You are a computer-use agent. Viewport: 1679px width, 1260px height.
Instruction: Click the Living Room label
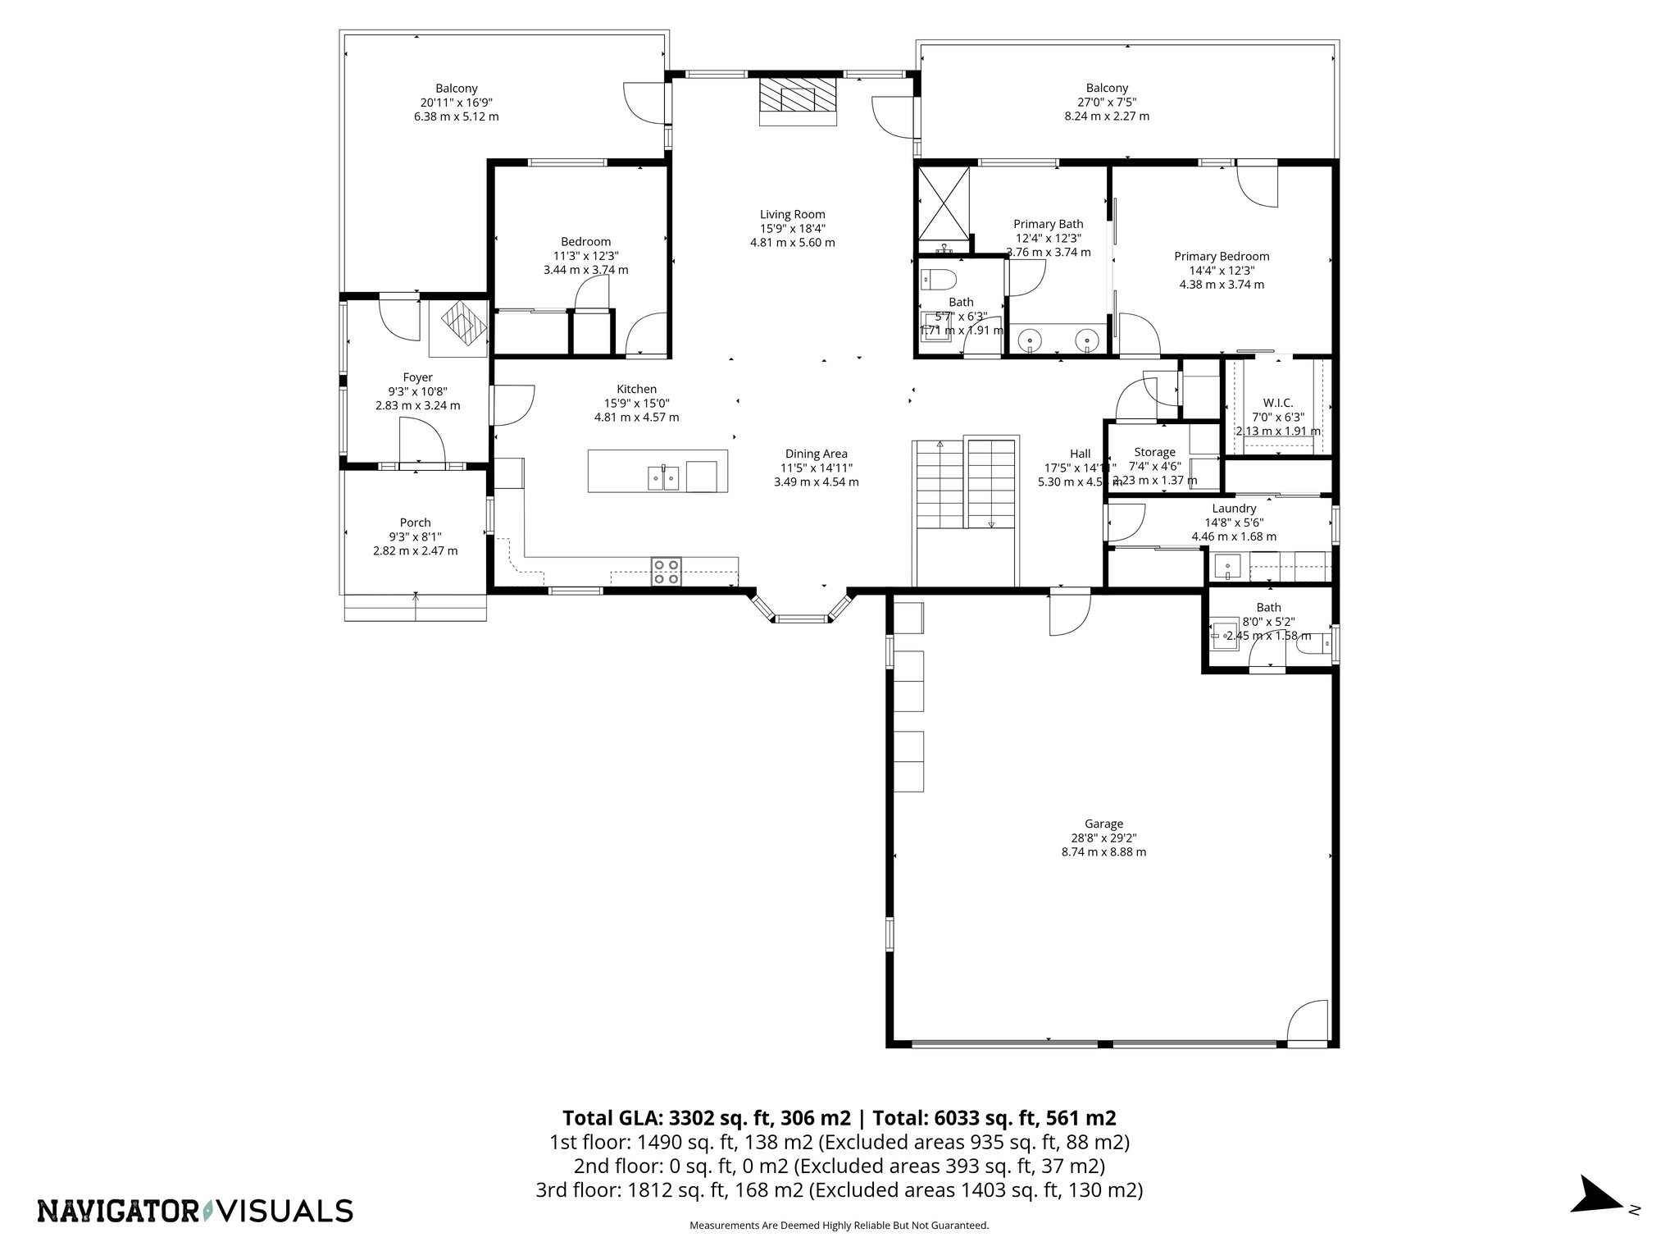pyautogui.click(x=792, y=215)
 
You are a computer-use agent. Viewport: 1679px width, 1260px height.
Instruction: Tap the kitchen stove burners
pyautogui.click(x=666, y=571)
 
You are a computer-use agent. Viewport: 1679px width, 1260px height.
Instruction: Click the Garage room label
pyautogui.click(x=1103, y=824)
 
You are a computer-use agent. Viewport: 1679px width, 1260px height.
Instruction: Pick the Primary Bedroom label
pyautogui.click(x=1221, y=257)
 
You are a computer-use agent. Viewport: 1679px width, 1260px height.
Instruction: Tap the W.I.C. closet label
pyautogui.click(x=1277, y=403)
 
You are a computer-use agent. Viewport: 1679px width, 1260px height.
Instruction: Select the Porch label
pyautogui.click(x=415, y=523)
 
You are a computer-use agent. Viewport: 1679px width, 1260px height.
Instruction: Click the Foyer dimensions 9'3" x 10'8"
pyautogui.click(x=417, y=391)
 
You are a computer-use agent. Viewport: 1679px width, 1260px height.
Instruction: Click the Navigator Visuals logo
pyautogui.click(x=195, y=1211)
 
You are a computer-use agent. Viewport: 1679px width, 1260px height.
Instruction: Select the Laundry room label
pyautogui.click(x=1234, y=509)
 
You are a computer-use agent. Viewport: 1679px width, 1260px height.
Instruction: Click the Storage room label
pyautogui.click(x=1154, y=452)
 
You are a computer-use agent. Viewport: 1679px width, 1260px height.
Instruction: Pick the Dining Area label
pyautogui.click(x=816, y=454)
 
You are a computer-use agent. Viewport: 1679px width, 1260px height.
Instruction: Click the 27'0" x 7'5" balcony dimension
pyautogui.click(x=1107, y=103)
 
